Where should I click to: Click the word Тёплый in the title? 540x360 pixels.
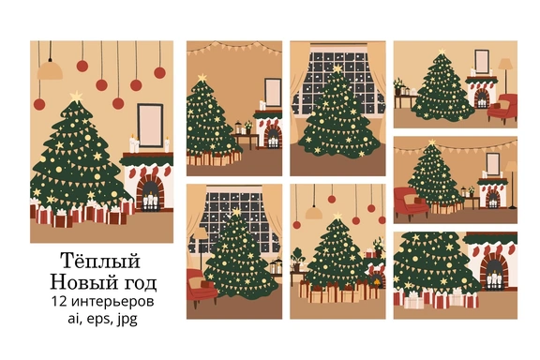click(100, 261)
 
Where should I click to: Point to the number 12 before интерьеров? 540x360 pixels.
click(59, 301)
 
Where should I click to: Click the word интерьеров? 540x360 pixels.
click(112, 302)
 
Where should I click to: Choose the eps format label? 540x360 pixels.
click(99, 320)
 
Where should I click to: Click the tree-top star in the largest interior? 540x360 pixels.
click(76, 97)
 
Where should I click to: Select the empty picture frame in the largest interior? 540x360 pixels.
click(150, 126)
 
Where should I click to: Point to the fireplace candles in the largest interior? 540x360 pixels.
click(151, 201)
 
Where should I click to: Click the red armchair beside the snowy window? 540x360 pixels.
click(202, 287)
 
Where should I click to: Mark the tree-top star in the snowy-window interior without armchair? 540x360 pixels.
click(337, 68)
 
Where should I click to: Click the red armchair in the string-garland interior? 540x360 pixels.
click(411, 204)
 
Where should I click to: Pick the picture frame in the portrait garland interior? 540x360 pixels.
click(273, 92)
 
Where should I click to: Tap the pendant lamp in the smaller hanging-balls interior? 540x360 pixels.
click(314, 211)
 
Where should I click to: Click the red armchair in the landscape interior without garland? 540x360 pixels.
click(502, 109)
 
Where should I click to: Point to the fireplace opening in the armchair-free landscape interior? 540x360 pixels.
click(495, 273)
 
